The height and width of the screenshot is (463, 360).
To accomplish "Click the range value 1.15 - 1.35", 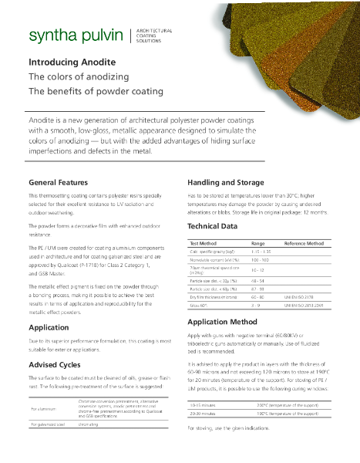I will (x=261, y=252).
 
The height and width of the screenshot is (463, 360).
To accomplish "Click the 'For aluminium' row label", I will (x=45, y=408).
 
